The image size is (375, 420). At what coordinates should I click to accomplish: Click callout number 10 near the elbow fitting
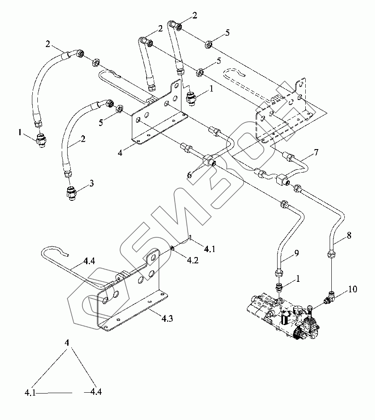[x=352, y=289]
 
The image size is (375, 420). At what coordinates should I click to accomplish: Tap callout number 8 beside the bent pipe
[x=349, y=236]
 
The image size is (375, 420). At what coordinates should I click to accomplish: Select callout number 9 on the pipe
[x=296, y=253]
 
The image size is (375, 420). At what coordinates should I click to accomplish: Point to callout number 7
[x=316, y=152]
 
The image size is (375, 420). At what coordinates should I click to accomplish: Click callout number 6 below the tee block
[x=189, y=175]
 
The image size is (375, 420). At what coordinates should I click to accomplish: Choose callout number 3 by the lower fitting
[x=92, y=184]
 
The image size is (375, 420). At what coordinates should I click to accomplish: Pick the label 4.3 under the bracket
[x=167, y=318]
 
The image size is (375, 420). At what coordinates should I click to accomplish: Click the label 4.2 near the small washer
[x=193, y=260]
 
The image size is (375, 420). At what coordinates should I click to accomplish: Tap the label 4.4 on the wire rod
[x=89, y=261]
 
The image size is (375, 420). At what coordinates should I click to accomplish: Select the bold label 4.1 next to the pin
[x=210, y=249]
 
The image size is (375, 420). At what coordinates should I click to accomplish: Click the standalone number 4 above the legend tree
[x=67, y=343]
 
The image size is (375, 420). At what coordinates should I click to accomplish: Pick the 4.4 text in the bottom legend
[x=96, y=392]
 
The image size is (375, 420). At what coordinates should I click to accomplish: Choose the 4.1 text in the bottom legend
[x=30, y=393]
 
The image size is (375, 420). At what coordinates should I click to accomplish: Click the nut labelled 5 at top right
[x=209, y=44]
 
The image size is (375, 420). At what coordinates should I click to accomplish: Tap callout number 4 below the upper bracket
[x=120, y=153]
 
